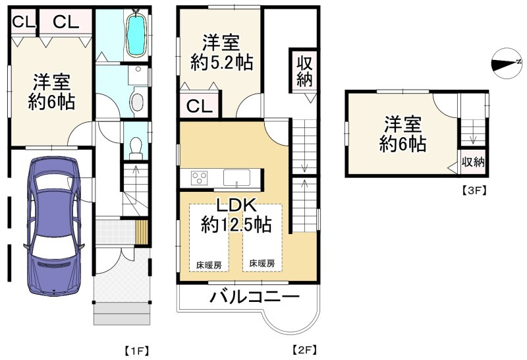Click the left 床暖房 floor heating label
coord(208,264)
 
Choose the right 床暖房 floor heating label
coord(262,263)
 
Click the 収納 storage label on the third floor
coord(472,162)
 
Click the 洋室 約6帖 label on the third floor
coord(402,134)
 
